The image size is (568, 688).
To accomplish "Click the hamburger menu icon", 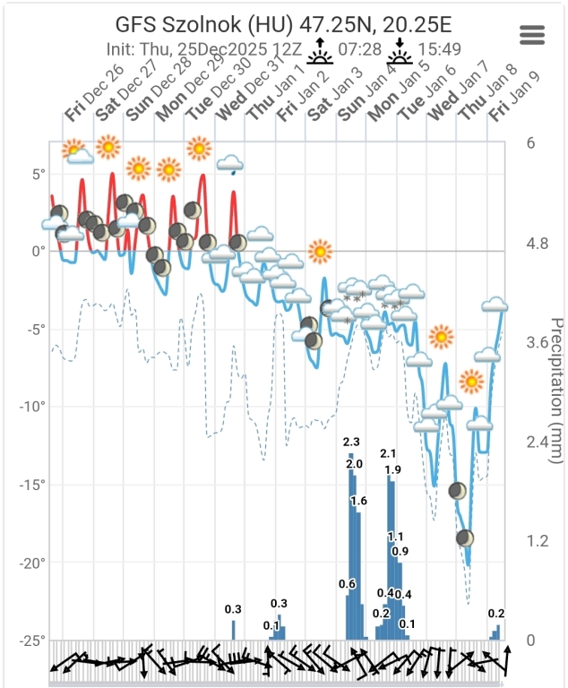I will [x=532, y=35].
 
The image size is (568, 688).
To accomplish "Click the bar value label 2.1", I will [x=388, y=454].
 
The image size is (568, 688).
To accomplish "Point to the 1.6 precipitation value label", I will [x=358, y=501].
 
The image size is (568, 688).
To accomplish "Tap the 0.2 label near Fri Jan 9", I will [x=496, y=614].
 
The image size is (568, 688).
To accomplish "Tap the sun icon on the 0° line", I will [x=320, y=252].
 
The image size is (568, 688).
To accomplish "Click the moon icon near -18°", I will [x=464, y=537].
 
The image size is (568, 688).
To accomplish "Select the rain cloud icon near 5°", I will [x=231, y=164].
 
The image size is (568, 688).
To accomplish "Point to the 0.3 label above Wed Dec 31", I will [x=233, y=609].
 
